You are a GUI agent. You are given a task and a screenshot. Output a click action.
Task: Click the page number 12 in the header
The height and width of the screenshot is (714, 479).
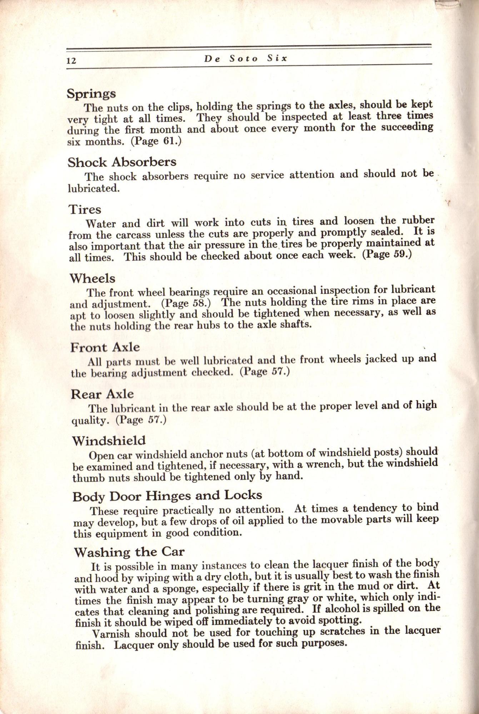click(71, 60)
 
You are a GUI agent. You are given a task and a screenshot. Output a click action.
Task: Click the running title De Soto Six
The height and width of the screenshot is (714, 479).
click(246, 59)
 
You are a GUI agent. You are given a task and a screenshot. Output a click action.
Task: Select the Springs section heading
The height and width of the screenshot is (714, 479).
click(91, 94)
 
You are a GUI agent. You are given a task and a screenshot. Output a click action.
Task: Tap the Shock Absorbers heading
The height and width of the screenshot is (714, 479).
click(122, 162)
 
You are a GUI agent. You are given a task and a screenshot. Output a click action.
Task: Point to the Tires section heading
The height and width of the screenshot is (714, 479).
click(85, 210)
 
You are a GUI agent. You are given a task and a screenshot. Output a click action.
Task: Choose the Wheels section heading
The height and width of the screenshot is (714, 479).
click(93, 278)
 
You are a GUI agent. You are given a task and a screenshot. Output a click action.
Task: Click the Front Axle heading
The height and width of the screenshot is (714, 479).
click(105, 347)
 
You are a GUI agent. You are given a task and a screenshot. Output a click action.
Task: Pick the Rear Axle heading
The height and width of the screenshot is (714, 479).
click(103, 394)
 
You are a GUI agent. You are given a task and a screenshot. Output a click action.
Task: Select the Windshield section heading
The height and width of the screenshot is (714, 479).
click(109, 441)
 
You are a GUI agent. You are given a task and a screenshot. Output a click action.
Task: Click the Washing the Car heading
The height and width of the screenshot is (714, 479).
click(129, 553)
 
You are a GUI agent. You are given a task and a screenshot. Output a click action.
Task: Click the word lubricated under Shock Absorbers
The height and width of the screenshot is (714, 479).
click(94, 188)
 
